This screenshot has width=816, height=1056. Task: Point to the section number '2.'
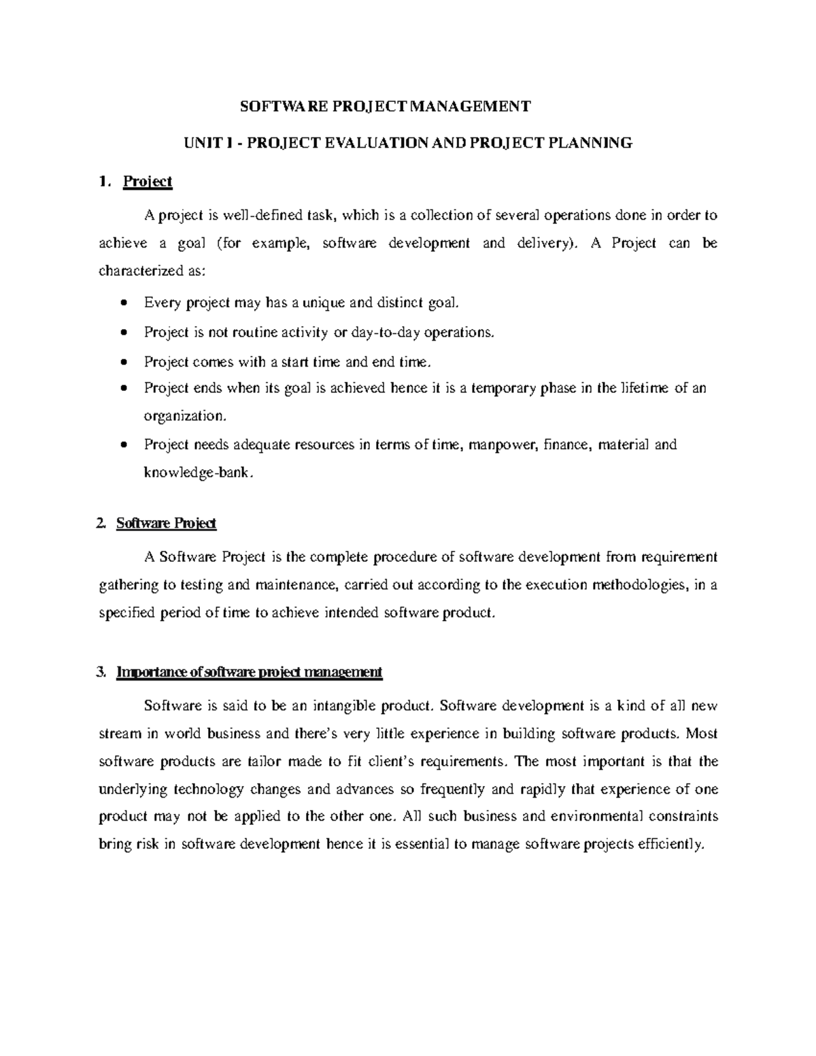102,524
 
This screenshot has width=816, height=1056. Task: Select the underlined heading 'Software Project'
166,524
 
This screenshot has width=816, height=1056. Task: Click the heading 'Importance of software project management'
250,672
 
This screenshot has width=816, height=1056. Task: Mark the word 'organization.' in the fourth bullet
183,415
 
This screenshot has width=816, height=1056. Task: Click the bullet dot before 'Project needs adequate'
122,445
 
